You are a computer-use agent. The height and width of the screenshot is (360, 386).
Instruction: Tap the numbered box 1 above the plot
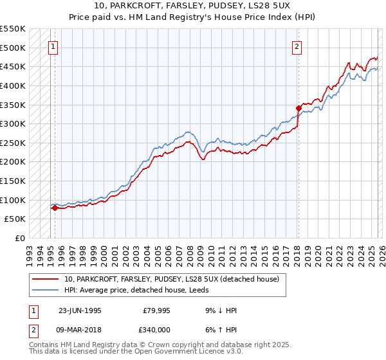point(52,46)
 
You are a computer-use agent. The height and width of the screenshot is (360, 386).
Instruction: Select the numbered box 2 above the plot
point(297,46)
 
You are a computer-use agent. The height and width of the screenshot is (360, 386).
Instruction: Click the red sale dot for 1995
point(55,208)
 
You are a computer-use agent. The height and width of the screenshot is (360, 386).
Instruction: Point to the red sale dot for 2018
point(299,108)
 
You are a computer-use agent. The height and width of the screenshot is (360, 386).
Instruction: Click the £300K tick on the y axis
point(14,123)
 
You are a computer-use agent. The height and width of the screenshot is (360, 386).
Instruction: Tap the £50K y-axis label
point(16,219)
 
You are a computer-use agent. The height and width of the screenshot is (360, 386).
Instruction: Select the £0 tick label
point(21,239)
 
